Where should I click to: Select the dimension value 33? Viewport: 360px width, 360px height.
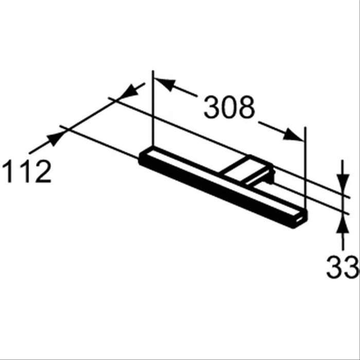pyautogui.click(x=341, y=267)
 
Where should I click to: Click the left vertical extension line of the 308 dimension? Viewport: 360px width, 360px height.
pyautogui.click(x=153, y=113)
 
